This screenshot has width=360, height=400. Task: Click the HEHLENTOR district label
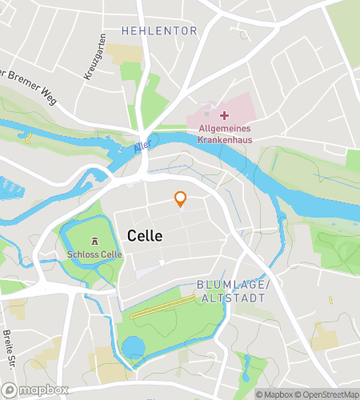point(159,30)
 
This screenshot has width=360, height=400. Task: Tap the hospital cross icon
point(224,117)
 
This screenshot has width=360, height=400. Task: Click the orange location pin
point(181,199)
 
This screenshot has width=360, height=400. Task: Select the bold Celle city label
point(145,236)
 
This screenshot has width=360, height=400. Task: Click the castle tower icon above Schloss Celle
point(95,241)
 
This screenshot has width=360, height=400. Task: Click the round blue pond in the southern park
point(134,348)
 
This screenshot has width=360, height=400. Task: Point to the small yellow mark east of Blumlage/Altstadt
point(330,300)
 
